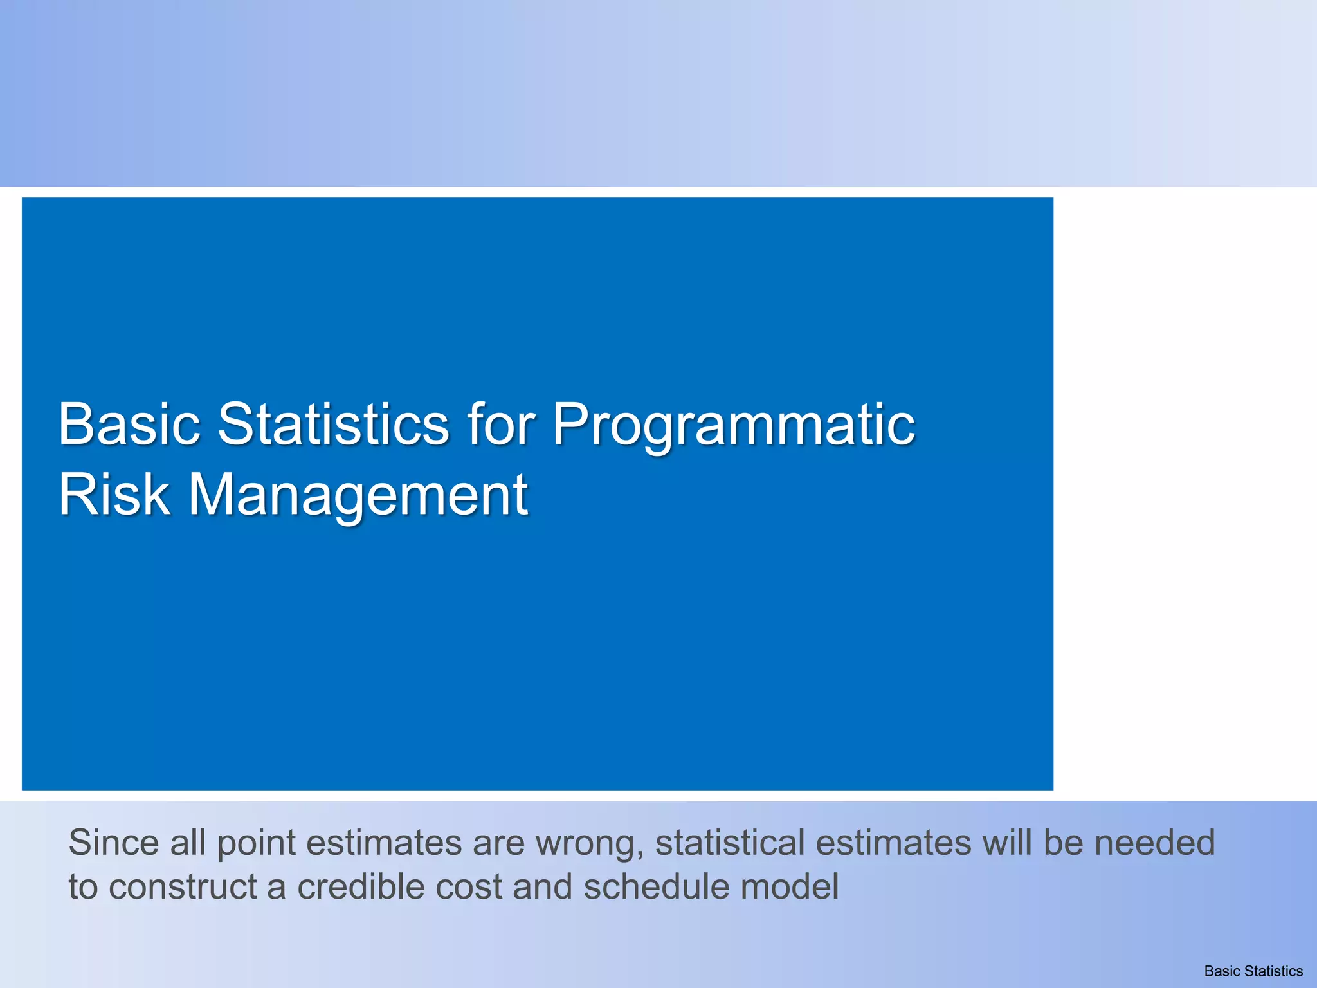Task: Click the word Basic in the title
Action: click(129, 424)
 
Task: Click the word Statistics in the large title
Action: click(334, 424)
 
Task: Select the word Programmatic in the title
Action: click(734, 425)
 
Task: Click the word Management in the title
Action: click(358, 495)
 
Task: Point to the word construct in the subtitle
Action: click(183, 887)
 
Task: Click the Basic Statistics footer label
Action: click(1253, 971)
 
